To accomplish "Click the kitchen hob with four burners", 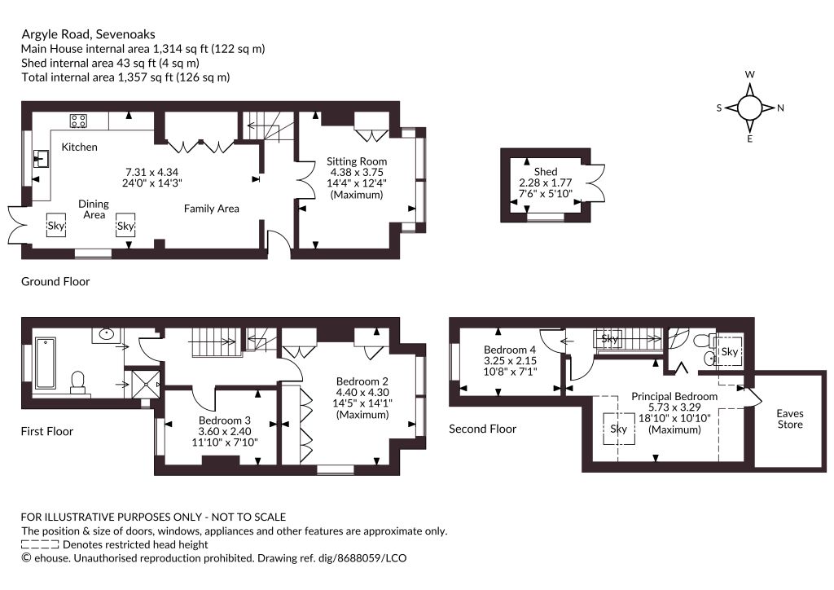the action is (79, 121).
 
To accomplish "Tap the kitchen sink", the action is (41, 159).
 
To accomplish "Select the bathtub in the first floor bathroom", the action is (46, 364).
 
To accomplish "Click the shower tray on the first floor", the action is (145, 384).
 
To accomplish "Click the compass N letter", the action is (780, 108).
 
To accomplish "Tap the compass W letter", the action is (750, 74).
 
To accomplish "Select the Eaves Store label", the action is (790, 419).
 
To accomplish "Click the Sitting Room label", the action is (357, 161).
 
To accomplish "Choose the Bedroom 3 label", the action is (225, 420).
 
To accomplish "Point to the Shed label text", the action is (546, 171).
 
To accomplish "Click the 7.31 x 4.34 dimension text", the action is (151, 172).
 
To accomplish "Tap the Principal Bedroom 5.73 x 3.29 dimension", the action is (674, 407).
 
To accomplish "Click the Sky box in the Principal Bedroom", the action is (619, 429).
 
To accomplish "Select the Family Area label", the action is (211, 209).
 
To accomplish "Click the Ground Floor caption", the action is (55, 281).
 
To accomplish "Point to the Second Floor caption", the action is (482, 429).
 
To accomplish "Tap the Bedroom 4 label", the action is (510, 350).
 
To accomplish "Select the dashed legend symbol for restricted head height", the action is (40, 544).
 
